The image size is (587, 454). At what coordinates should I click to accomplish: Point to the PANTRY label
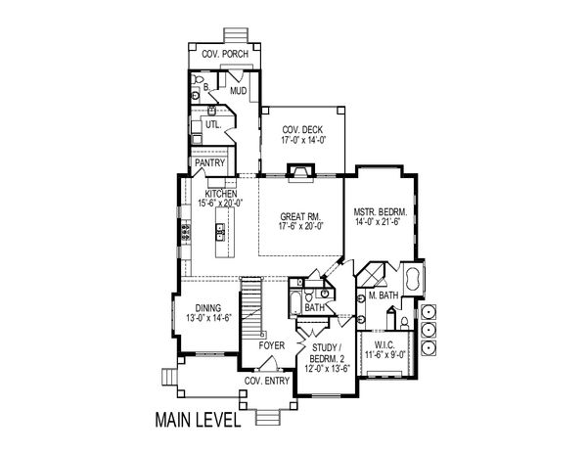click(211, 163)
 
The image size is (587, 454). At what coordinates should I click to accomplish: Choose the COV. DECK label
click(303, 130)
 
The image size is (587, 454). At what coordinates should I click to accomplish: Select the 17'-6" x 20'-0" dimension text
click(301, 226)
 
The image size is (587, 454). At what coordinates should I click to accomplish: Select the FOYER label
click(271, 345)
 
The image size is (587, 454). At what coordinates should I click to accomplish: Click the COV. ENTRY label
click(265, 381)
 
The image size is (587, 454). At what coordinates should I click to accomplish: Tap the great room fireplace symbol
click(302, 176)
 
